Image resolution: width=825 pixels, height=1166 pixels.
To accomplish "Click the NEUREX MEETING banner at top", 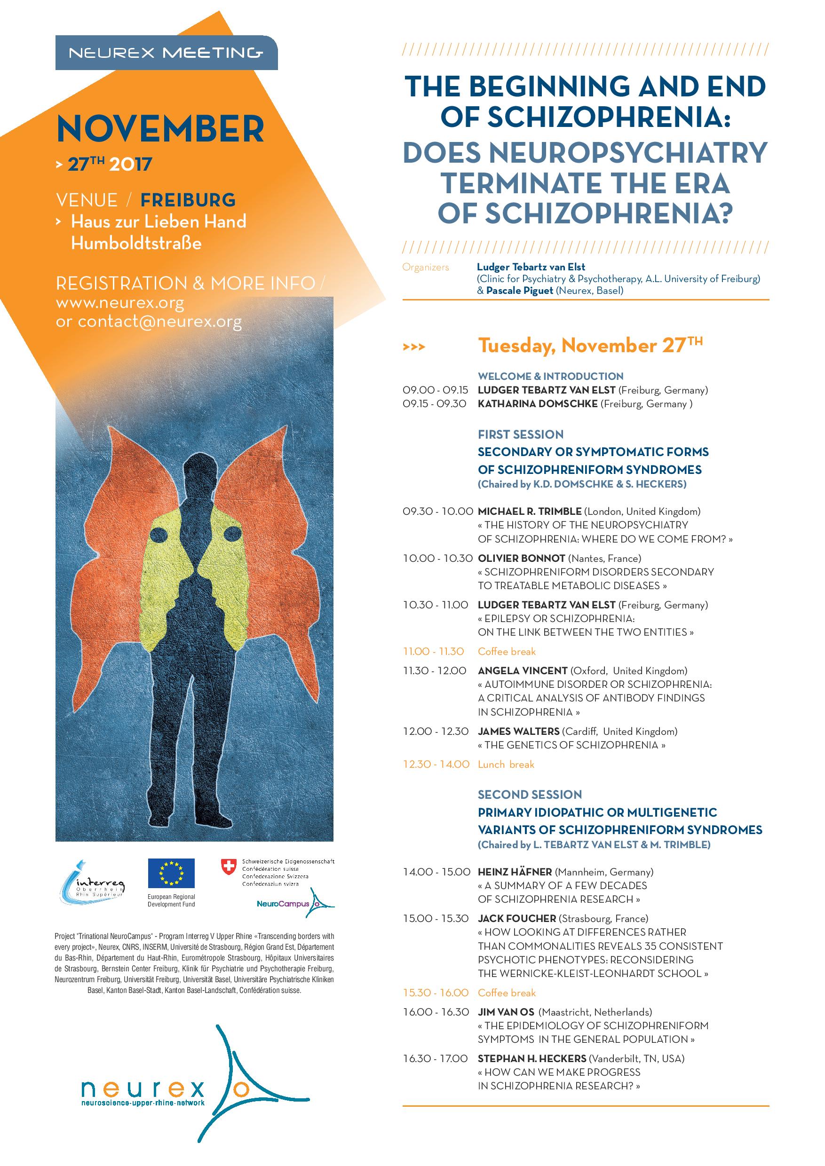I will [166, 52].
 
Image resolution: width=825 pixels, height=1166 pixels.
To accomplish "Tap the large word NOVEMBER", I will [160, 129].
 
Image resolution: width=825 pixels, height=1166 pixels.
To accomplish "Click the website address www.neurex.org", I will [120, 303].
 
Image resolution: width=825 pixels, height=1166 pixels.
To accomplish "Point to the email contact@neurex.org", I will [149, 322].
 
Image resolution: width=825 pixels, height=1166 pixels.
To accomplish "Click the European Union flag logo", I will [171, 873].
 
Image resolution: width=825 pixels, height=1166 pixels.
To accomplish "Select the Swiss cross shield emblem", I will [229, 867].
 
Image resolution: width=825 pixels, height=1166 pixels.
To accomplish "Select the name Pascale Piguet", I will [519, 291].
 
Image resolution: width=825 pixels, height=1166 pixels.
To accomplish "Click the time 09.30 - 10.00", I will [437, 512].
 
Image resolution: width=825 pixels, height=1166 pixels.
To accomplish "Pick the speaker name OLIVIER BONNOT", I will [521, 558].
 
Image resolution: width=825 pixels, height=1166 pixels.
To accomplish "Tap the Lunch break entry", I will [506, 764].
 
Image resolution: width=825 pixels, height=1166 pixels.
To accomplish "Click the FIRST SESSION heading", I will [520, 434].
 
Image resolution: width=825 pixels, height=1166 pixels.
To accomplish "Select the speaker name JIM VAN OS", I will [506, 1012].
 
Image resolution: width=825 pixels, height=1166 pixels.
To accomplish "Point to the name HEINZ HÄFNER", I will [515, 872].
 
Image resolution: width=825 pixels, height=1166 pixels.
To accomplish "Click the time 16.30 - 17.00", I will [435, 1059].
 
